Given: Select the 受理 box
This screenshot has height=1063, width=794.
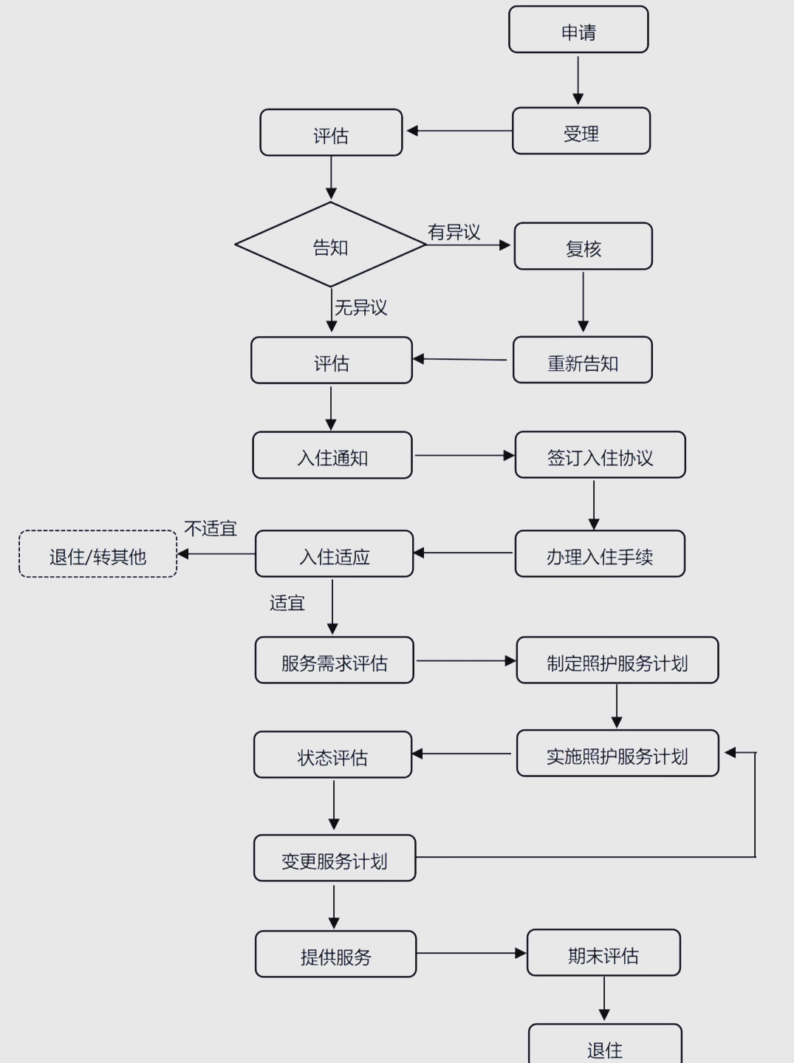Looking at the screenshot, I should pos(581,131).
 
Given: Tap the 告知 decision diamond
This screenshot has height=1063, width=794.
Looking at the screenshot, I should pos(330,245).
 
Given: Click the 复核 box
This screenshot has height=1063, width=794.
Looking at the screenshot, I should pos(583,247).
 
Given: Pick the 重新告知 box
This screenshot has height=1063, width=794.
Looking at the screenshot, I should pos(582,360).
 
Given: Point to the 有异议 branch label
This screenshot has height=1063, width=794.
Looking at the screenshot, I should pos(454,232).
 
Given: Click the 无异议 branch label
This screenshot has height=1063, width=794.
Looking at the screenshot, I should pos(360,307).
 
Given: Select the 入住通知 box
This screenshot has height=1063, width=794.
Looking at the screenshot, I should pos(332,456).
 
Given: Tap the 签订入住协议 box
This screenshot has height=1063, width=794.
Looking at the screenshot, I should pos(600,456).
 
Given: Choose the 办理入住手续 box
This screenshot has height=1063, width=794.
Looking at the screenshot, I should pos(599,554).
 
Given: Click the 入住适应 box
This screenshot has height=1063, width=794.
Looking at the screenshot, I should pos(334,554).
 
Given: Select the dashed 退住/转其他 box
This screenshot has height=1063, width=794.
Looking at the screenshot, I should pos(97,554).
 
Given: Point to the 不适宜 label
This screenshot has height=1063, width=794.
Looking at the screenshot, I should pos(211,529).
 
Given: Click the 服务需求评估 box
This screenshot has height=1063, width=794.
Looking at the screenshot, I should pos(334,660).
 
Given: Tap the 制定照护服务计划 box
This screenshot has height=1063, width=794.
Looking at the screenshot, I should pos(617,660).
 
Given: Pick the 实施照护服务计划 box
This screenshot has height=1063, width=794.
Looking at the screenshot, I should pos(617,753).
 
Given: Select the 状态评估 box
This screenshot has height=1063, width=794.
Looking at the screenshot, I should pos(332,755).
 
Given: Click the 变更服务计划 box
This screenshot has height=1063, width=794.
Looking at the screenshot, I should pos(334,858).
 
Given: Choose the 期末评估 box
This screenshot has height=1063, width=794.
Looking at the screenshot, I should pos(603,953).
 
